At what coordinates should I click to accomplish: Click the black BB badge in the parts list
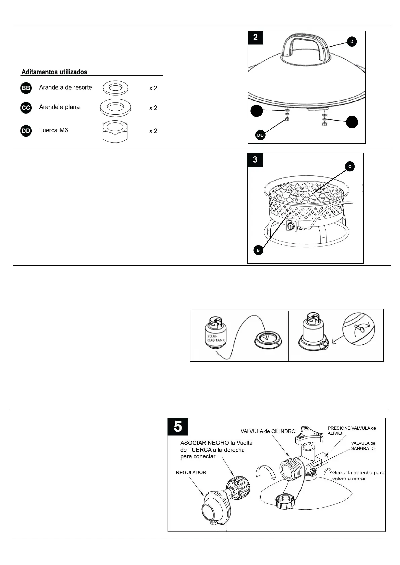click(26, 88)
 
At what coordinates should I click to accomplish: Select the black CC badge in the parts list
click(26, 108)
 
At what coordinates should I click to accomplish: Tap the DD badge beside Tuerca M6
click(26, 131)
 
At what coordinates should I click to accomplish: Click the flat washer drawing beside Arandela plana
click(115, 107)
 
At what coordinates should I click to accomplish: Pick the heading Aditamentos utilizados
click(54, 72)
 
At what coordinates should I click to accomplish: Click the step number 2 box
click(255, 37)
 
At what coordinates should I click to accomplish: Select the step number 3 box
click(255, 159)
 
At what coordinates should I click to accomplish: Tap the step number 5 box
click(178, 426)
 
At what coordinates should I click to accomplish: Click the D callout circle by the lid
click(352, 42)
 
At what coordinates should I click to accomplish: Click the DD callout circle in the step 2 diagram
click(261, 135)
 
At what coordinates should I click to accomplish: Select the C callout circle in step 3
click(350, 166)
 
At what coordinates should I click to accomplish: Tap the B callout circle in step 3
click(258, 250)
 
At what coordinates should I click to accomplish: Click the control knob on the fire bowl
click(290, 227)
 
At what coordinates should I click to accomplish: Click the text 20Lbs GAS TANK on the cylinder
click(216, 338)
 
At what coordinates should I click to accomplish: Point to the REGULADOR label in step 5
click(191, 472)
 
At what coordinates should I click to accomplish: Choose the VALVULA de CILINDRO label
click(268, 431)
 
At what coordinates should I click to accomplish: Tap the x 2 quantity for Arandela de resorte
click(153, 88)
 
